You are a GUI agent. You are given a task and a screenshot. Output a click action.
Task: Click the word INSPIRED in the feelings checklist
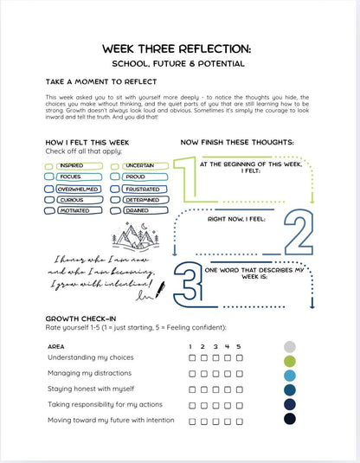[72, 164]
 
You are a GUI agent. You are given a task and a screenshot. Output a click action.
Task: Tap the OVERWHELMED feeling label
[76, 188]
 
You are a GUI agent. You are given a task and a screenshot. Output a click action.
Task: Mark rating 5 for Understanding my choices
[238, 357]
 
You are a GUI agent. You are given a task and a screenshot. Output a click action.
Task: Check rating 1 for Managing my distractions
[191, 373]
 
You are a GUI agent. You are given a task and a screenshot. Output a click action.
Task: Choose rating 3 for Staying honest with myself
[215, 389]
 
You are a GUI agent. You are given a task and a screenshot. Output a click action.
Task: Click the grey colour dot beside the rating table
[290, 345]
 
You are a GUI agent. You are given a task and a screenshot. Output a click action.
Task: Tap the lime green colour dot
[290, 360]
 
